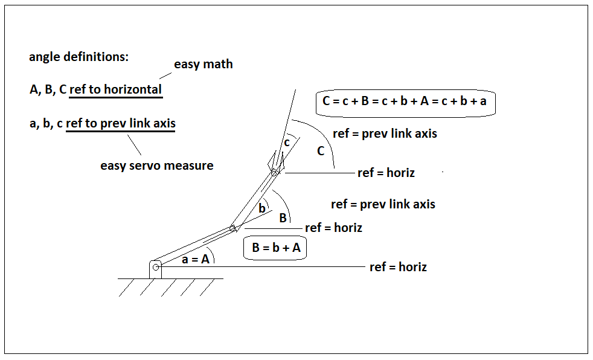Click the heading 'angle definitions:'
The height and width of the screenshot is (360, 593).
point(79,57)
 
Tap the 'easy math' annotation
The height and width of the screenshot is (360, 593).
point(203,64)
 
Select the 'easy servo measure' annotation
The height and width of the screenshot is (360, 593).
point(156,166)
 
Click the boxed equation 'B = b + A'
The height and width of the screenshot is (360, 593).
point(275,248)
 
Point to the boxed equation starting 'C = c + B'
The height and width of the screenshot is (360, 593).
point(405,101)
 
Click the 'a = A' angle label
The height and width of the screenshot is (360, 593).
point(196,259)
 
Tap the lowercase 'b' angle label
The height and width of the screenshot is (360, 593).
point(261,208)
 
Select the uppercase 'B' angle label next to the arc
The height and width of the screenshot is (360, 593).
point(283,218)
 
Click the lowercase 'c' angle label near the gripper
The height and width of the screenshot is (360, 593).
point(287,143)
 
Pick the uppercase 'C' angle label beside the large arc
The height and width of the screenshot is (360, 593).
point(321,151)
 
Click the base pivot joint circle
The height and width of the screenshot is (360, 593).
point(156,268)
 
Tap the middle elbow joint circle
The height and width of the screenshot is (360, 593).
point(232,228)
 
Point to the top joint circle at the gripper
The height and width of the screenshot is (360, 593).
point(274,173)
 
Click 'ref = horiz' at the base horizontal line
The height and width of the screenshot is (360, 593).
point(398,267)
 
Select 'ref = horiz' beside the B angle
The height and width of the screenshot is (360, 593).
point(333,228)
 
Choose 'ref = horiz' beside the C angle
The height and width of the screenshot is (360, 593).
point(386,173)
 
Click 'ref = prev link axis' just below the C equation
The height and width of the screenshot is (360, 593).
point(385,133)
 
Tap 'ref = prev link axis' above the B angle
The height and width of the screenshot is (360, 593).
point(383,204)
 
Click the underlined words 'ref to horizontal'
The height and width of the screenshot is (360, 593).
point(116,89)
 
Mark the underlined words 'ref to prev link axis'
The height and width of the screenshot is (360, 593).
point(121,123)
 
